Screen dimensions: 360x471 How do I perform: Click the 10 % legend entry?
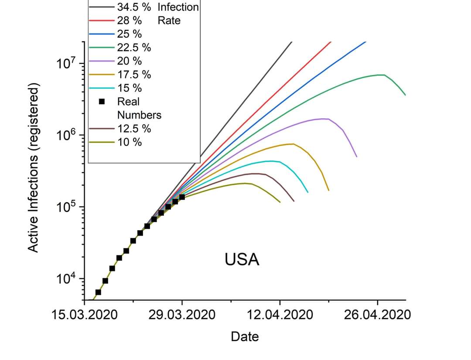129,142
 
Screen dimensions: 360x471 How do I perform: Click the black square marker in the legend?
102,102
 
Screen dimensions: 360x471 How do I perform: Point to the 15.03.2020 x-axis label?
84,315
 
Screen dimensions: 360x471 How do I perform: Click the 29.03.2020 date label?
182,315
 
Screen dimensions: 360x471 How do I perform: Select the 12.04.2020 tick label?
280,315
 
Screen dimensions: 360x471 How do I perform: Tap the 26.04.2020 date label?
377,315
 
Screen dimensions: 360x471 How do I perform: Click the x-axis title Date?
245,337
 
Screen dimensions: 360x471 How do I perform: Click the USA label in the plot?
242,260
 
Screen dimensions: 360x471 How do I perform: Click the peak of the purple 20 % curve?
324,119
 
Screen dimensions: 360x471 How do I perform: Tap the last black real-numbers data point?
182,197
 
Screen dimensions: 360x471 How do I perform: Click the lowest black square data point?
98,292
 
